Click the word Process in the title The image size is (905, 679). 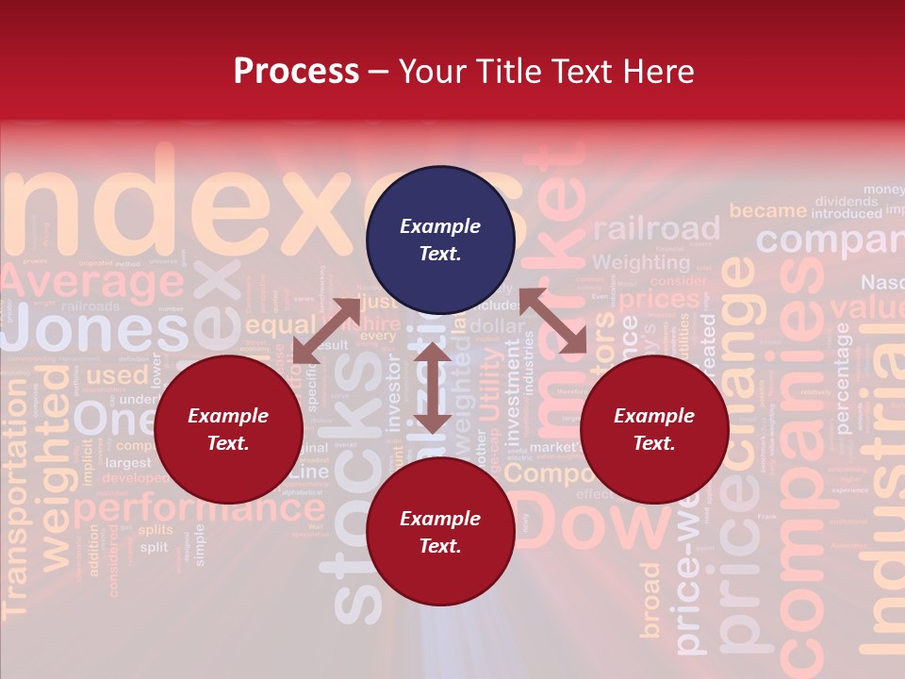296,72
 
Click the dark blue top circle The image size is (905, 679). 440,240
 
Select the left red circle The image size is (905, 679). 228,430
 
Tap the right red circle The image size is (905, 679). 654,430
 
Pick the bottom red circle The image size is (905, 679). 440,533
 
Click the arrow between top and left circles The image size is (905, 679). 325,331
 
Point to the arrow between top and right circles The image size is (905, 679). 553,322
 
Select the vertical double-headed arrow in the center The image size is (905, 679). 432,388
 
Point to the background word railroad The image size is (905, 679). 656,229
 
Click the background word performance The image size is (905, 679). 199,510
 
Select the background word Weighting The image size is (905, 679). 641,262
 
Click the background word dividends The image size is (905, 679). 847,201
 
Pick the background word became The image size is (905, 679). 767,210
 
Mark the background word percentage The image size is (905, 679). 842,377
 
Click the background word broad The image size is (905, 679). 650,600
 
